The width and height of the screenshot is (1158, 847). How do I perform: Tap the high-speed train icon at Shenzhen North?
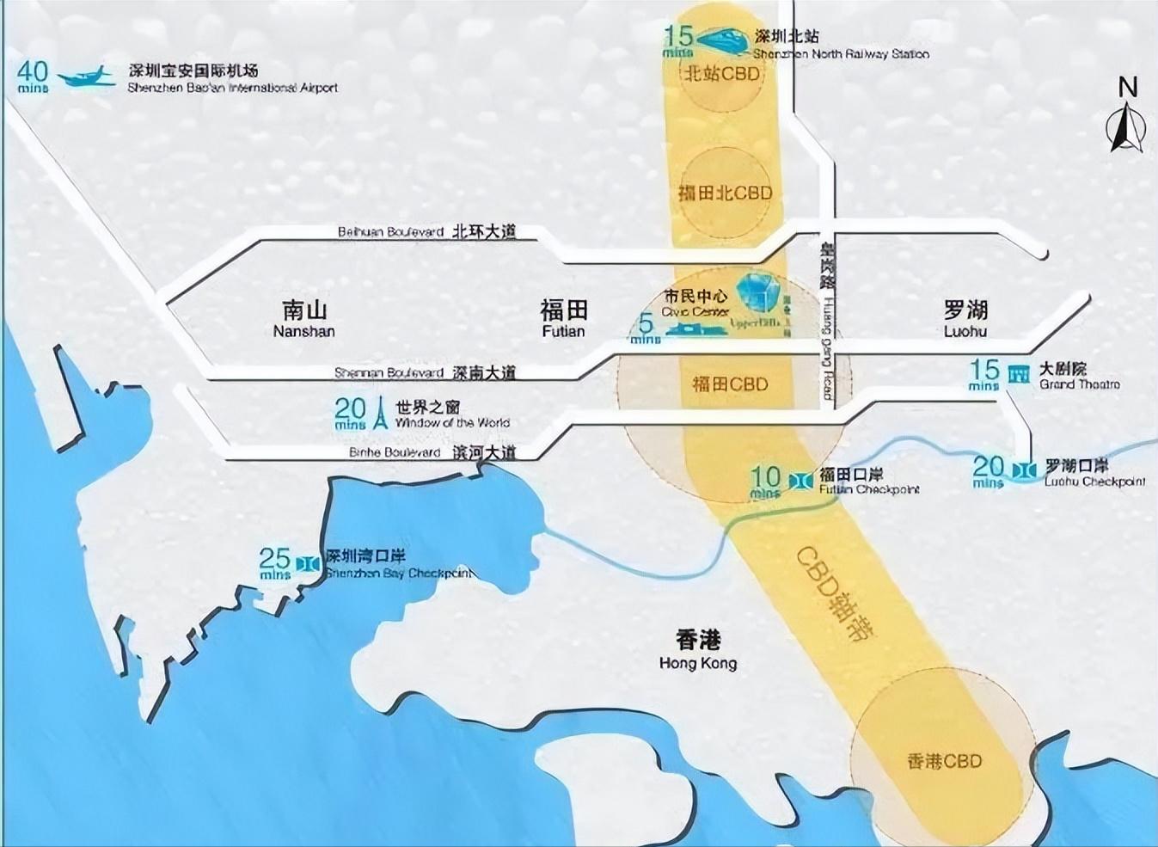click(722, 39)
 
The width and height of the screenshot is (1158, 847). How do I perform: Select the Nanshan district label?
click(303, 318)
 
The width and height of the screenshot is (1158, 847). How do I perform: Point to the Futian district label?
click(563, 318)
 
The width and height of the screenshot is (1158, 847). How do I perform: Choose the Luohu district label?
click(965, 318)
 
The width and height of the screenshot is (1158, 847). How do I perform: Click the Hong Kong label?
click(697, 649)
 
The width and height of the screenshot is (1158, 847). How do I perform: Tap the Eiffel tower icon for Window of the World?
click(380, 413)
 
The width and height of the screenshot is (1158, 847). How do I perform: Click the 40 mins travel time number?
click(34, 73)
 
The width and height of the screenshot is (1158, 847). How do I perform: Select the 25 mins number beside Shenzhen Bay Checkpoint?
click(275, 562)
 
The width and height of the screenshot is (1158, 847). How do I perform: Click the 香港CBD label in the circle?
click(944, 761)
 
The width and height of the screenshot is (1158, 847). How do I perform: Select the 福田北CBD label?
click(725, 193)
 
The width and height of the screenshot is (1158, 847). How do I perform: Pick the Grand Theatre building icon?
click(1020, 374)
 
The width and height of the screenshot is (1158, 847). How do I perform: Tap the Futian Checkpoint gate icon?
click(799, 480)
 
